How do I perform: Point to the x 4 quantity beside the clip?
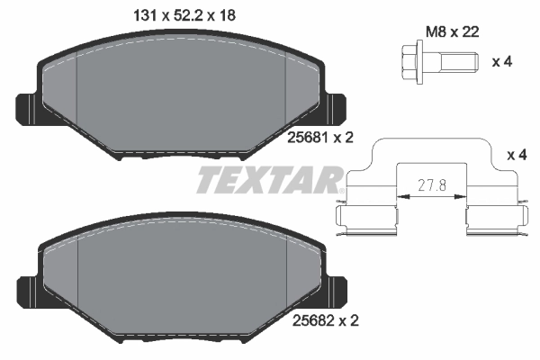tap(517, 156)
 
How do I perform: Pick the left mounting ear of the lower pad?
tap(25, 291)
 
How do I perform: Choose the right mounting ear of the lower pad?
tap(337, 291)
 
